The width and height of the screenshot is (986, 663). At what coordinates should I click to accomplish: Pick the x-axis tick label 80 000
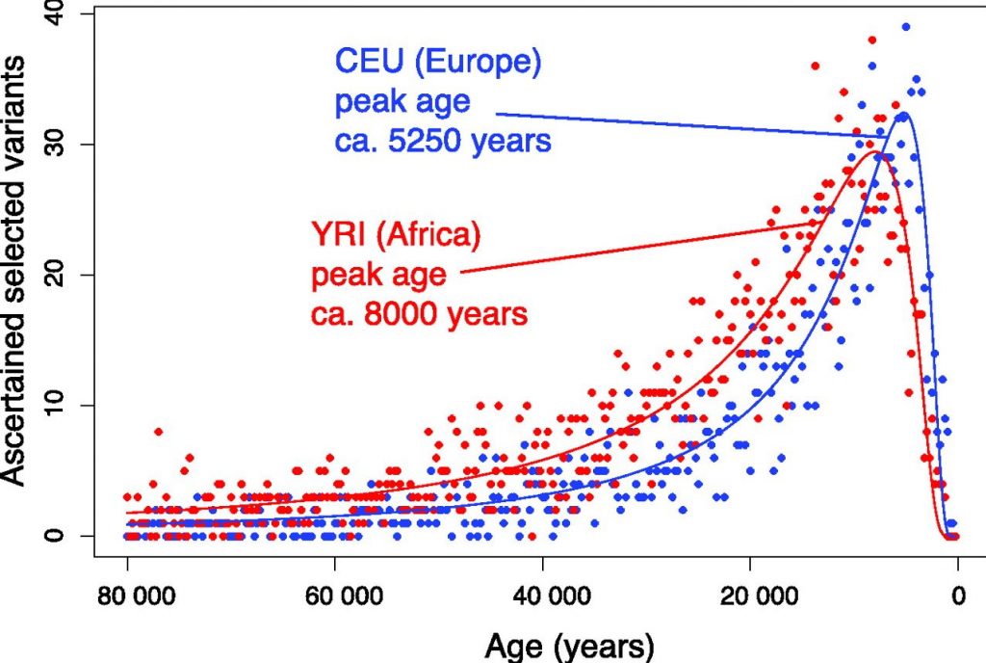tap(127, 595)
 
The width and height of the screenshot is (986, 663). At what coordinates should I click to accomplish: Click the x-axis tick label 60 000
tap(334, 595)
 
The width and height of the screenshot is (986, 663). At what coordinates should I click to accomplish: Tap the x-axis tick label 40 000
tap(542, 595)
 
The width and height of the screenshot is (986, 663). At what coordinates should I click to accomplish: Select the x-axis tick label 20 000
tap(750, 595)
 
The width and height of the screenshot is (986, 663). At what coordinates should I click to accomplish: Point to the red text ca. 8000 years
tap(420, 313)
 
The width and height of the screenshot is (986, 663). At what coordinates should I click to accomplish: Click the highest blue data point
tap(905, 27)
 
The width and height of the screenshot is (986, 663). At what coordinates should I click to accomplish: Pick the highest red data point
tap(871, 40)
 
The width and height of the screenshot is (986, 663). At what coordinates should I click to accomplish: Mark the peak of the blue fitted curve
tap(902, 114)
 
